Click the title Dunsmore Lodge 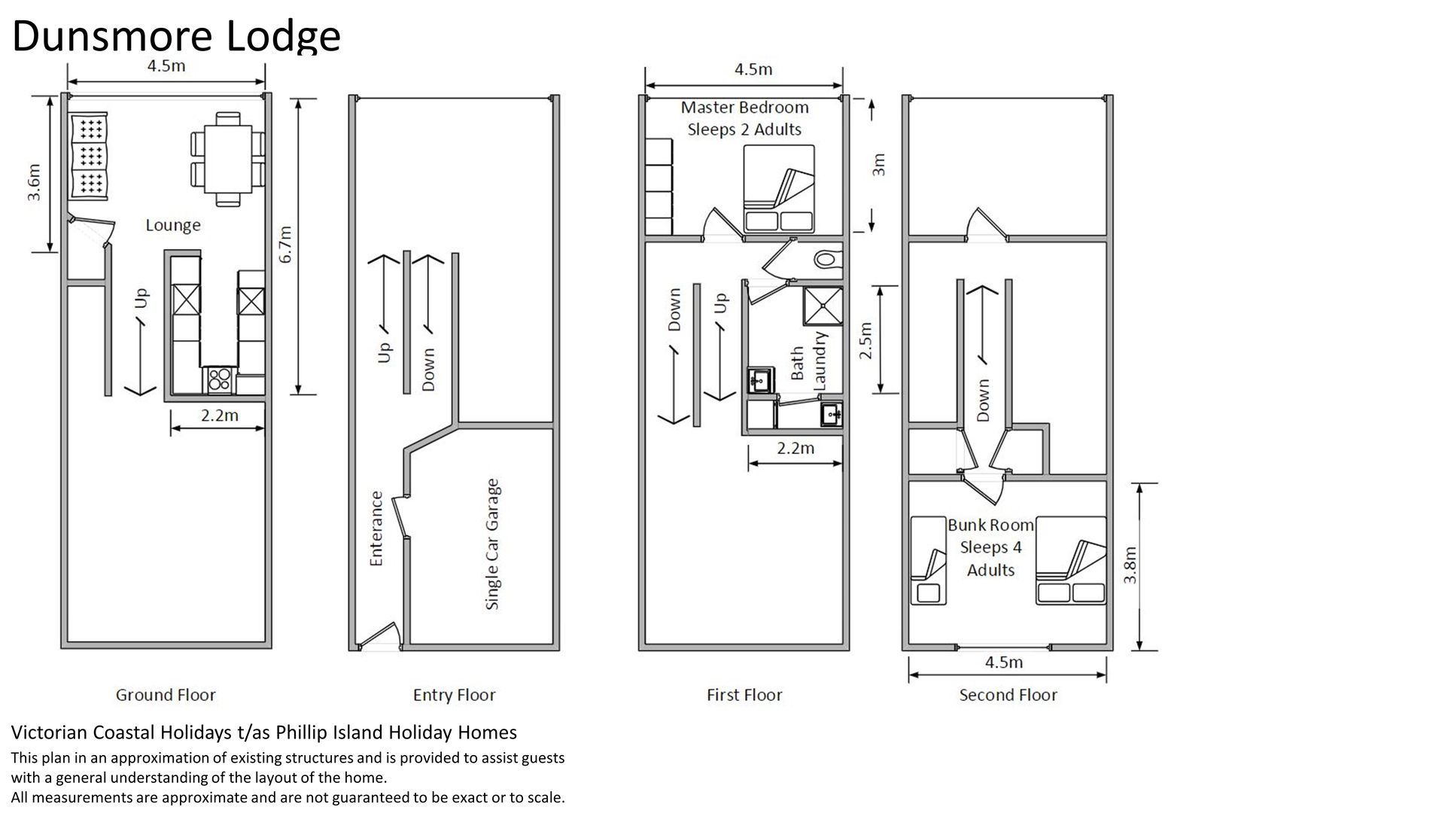[x=176, y=35]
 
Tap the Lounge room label [x=173, y=225]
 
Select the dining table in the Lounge [x=228, y=158]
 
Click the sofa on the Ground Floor [x=89, y=157]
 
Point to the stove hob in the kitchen [x=218, y=379]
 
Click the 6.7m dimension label [x=285, y=245]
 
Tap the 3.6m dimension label [x=34, y=182]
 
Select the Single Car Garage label [x=492, y=544]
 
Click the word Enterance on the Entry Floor [x=376, y=528]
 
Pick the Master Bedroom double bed [x=779, y=188]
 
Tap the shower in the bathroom [x=822, y=306]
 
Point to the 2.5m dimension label [x=865, y=340]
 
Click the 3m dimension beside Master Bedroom [x=878, y=164]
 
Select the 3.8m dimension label [x=1130, y=565]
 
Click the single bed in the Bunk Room [x=929, y=561]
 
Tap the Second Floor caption [x=1008, y=695]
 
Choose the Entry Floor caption [x=455, y=695]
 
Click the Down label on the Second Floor [x=983, y=400]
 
